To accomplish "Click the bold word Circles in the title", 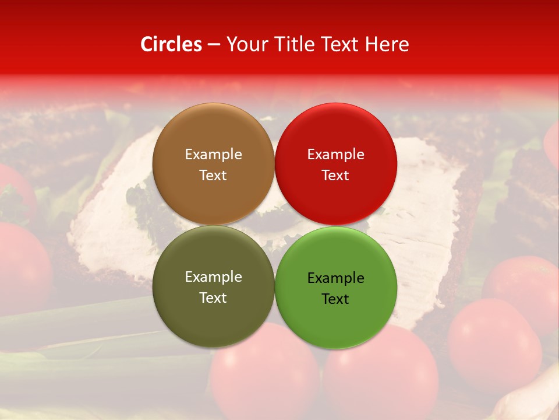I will tap(171, 44).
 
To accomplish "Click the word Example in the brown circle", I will tap(213, 155).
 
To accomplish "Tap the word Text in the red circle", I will tap(335, 176).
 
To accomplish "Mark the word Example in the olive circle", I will tap(213, 277).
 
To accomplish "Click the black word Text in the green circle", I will tap(335, 299).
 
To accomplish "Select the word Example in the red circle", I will tap(335, 155).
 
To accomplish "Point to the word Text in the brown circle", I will tap(213, 176).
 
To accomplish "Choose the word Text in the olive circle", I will tap(213, 298).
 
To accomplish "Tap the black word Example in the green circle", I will tap(335, 278).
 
